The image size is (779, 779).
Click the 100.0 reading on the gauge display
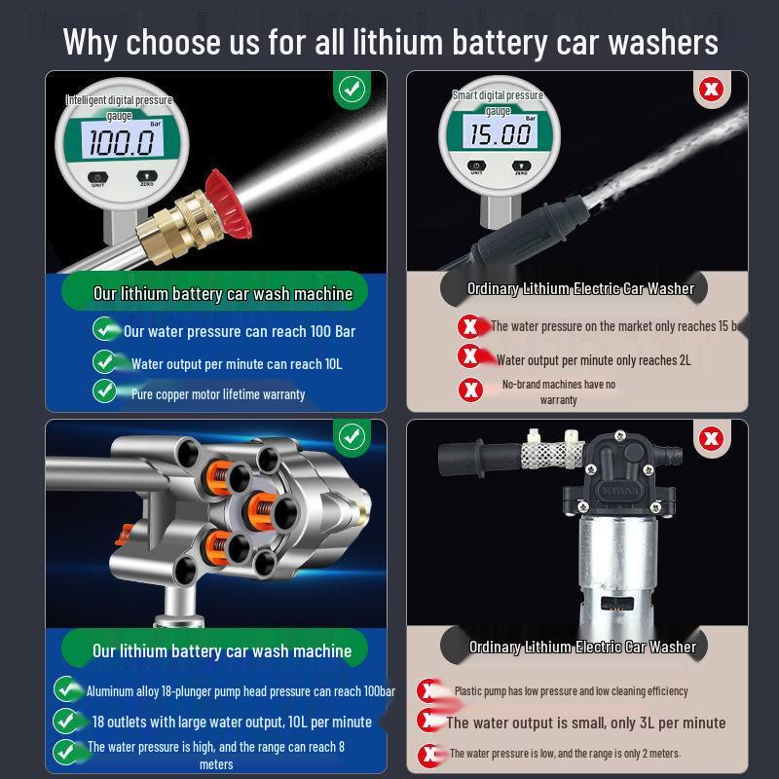122,142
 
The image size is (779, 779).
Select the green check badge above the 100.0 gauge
352,90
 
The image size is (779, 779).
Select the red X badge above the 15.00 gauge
712,91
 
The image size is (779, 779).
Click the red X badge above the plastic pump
712,438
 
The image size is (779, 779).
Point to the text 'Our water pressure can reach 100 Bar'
239,331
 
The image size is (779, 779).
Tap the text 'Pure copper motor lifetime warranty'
218,394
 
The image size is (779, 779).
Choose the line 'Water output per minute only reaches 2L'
593,359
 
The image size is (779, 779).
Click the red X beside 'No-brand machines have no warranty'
471,389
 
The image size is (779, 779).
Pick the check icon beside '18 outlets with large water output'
65,722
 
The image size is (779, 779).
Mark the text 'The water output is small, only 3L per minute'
585,723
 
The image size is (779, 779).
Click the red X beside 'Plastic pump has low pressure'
427,691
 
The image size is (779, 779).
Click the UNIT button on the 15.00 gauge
476,167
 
